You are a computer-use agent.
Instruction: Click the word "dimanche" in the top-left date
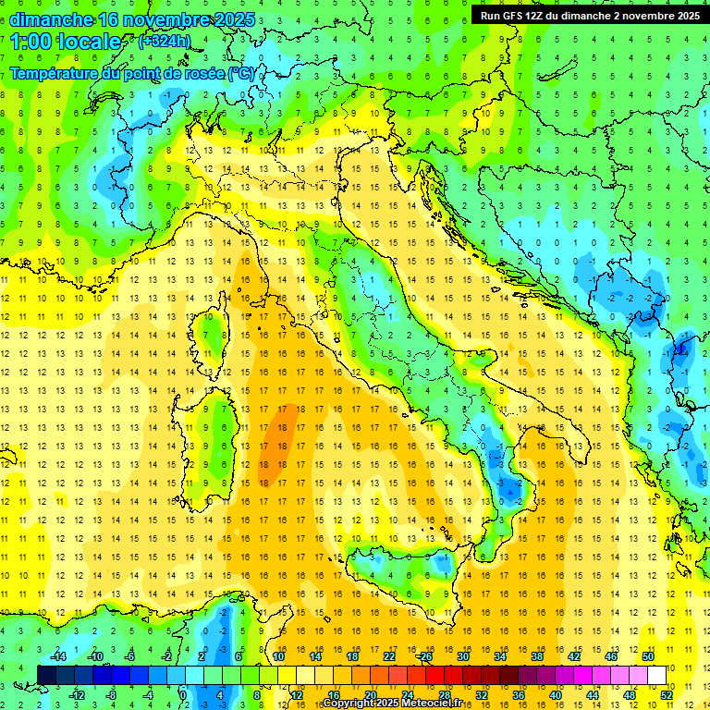(x=52, y=19)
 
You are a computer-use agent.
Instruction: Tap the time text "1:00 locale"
(x=66, y=42)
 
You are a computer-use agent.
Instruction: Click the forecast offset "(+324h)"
(x=164, y=41)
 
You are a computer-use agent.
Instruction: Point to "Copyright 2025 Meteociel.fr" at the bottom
(x=392, y=704)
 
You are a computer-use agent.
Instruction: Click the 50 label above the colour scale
(x=647, y=656)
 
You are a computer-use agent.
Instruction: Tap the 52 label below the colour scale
(x=667, y=694)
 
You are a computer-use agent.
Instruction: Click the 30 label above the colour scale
(x=462, y=656)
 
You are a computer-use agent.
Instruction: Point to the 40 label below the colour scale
(x=555, y=694)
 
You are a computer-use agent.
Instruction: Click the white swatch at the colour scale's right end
(x=656, y=675)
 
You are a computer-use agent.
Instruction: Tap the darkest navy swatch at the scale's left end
(x=46, y=675)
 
